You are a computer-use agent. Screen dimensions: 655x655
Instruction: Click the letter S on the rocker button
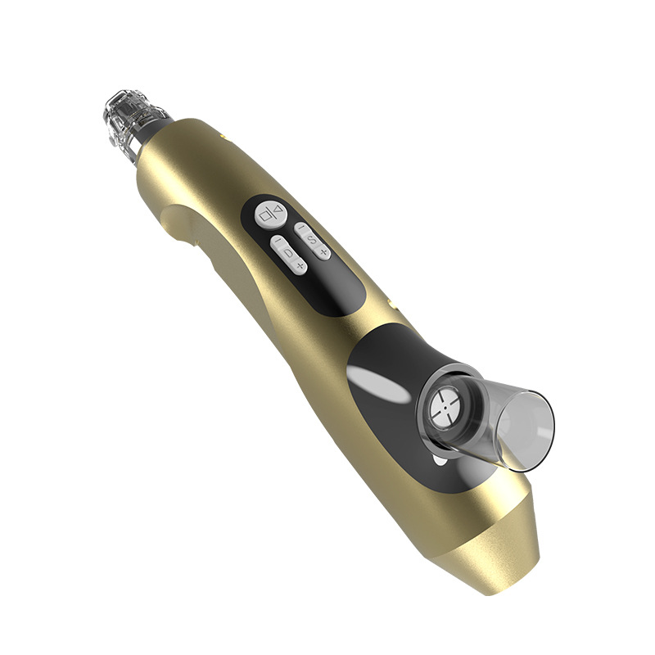(x=312, y=238)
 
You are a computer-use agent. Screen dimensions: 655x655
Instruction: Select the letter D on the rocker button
(x=288, y=254)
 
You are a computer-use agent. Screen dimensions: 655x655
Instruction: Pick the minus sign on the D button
(x=278, y=242)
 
